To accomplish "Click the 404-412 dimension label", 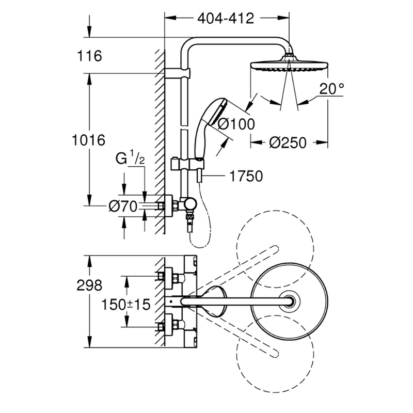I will point(226,19).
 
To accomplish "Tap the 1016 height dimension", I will point(89,140).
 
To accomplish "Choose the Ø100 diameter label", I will point(236,124).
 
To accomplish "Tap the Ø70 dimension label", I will point(122,206).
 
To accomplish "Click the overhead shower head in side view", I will point(289,66).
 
